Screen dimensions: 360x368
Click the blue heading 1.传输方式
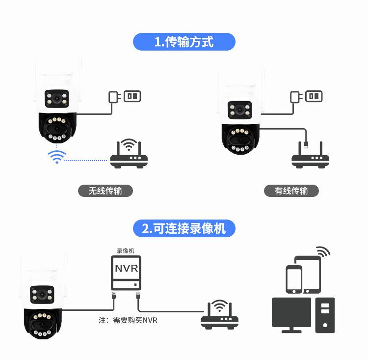coord(184,42)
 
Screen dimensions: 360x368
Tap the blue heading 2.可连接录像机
coord(184,228)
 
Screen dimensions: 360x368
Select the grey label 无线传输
coord(105,191)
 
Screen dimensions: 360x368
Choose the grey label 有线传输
coord(291,191)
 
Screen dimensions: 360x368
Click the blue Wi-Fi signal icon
coord(56,157)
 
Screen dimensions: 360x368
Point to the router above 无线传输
coord(129,155)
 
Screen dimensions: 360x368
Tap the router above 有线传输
coord(311,156)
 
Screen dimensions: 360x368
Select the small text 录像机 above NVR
coord(125,250)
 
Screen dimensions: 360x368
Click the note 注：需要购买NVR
coord(128,320)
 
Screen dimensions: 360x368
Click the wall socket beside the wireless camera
coord(131,96)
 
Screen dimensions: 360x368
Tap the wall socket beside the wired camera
coord(314,96)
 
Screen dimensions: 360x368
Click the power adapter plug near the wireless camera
coord(114,96)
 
